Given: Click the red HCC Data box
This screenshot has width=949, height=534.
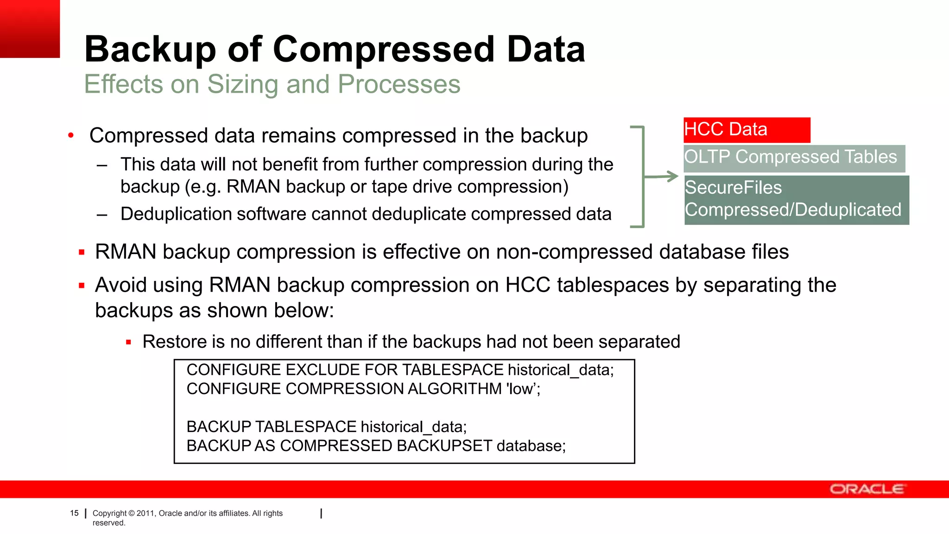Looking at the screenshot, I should pos(747,130).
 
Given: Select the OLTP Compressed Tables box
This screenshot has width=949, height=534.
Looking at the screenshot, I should pos(794,158).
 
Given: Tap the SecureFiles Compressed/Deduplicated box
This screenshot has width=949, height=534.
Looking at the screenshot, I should pos(796,200).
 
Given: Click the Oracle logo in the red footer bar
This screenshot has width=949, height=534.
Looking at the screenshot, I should pos(867,489).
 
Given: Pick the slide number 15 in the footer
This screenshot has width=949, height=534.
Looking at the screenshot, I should pos(74,513).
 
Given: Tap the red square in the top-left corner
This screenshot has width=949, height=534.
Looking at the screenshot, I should pos(30,29).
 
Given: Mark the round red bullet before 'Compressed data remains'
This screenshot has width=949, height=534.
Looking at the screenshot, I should pos(71,136).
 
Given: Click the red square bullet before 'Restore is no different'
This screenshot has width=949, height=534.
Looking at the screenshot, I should pos(129,343).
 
